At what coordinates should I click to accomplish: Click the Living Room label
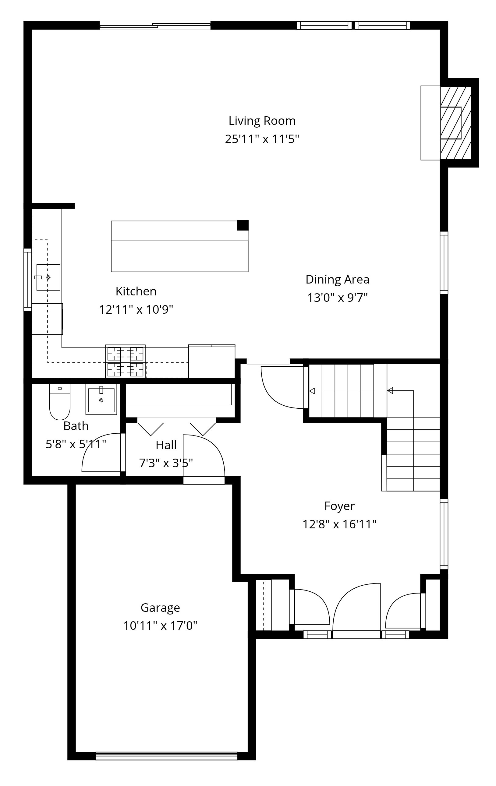(x=262, y=121)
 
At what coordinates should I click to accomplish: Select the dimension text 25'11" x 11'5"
(x=262, y=139)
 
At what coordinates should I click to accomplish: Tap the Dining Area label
(x=337, y=279)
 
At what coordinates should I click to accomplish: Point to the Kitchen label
(x=136, y=291)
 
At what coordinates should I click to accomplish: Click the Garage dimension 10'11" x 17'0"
(x=160, y=626)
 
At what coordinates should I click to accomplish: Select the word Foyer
(x=339, y=506)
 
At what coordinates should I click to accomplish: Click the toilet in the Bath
(x=60, y=402)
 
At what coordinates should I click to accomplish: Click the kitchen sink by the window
(x=48, y=277)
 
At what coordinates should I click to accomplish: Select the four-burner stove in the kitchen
(x=126, y=362)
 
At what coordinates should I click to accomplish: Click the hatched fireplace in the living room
(x=455, y=123)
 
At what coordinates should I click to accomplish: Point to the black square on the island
(x=243, y=225)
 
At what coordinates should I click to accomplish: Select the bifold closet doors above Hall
(x=176, y=426)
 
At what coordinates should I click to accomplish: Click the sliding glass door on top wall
(x=155, y=26)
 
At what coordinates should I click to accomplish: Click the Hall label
(x=166, y=445)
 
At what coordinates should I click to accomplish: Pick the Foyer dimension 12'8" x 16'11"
(x=339, y=524)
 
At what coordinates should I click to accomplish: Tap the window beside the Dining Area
(x=444, y=263)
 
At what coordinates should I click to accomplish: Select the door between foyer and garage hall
(x=204, y=457)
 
